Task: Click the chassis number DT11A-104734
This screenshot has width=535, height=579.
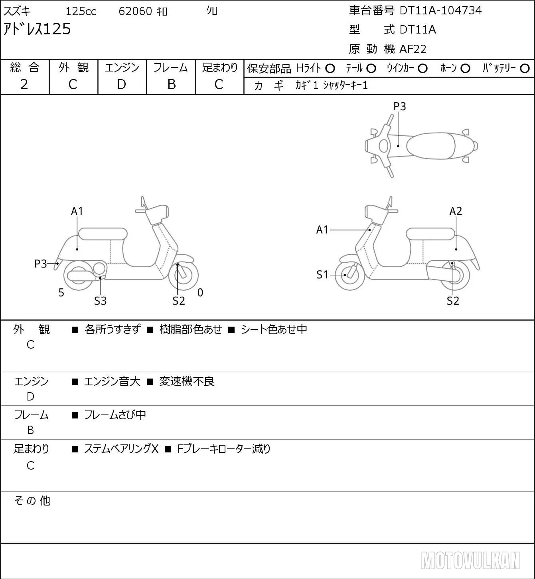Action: point(440,10)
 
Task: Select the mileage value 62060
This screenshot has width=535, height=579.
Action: point(135,11)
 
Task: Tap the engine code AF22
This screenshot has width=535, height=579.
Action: point(413,49)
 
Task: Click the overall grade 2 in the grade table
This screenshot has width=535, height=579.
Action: point(24,85)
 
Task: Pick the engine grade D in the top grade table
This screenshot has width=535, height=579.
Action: point(122,85)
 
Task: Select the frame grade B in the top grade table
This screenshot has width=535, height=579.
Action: point(171,85)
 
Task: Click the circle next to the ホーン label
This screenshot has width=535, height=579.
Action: point(465,69)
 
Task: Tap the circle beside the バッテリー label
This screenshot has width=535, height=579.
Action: point(525,69)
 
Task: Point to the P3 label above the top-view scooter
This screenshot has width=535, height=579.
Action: point(399,106)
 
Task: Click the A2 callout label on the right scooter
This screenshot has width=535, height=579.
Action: point(456,211)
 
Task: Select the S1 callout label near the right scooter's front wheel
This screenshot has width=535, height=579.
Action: point(322,275)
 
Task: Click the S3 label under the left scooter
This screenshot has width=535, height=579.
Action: point(100,301)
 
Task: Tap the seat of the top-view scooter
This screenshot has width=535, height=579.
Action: point(430,146)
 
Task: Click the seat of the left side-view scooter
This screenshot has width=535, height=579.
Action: point(103,234)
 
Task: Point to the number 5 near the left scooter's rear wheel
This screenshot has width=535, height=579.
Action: point(61,292)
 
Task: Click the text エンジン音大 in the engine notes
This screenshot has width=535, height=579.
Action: point(112,381)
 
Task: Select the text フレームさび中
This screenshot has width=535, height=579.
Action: point(115,414)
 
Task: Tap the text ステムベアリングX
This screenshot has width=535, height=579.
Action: point(121,449)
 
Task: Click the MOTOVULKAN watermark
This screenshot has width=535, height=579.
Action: point(470,561)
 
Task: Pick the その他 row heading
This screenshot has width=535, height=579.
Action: point(32,501)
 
